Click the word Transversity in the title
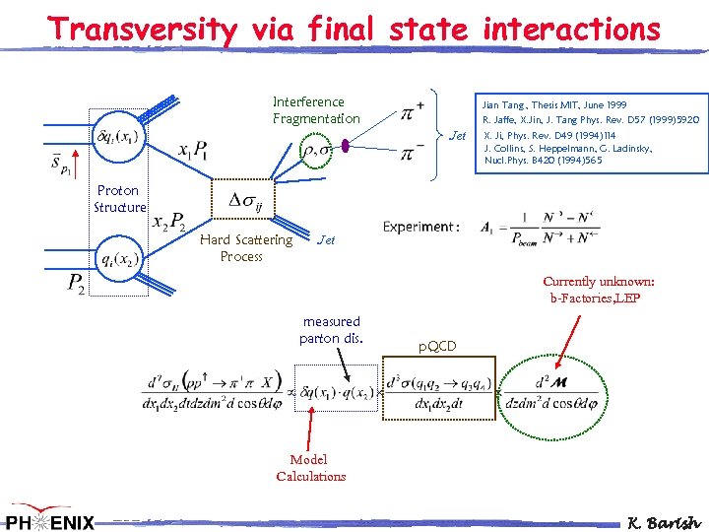point(144,30)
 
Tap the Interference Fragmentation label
point(316,109)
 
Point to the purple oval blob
point(346,148)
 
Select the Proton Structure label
point(118,198)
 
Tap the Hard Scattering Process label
point(245,247)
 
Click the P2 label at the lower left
point(76,286)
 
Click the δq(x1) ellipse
point(115,136)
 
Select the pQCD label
point(436,346)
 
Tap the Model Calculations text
point(310,468)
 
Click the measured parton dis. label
point(332,330)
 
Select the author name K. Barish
point(665,522)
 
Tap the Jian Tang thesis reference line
point(553,104)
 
